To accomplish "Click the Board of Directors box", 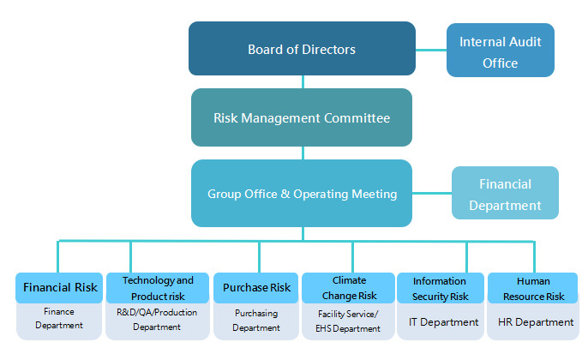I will pos(302,49).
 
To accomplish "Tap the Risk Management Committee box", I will pos(302,117).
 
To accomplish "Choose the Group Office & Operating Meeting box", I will pos(302,194).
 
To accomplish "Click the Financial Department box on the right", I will pos(505,194).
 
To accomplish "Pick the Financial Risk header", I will pos(60,287).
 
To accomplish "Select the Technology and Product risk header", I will pos(158,287).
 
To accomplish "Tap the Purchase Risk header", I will pos(256,287).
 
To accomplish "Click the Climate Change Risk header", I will pos(349,287).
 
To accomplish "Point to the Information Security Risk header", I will pos(441,287).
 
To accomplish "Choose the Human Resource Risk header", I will pos(533,287).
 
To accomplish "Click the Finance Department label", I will pos(60,320).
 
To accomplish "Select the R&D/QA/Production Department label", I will pos(158,320).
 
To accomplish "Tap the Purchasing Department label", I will pos(256,321).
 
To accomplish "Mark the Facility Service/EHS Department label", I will pos(349,321).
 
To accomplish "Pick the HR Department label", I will pos(536,322).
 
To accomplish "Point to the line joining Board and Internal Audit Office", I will pos(431,50).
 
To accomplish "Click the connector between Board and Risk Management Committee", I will pos(302,81).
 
